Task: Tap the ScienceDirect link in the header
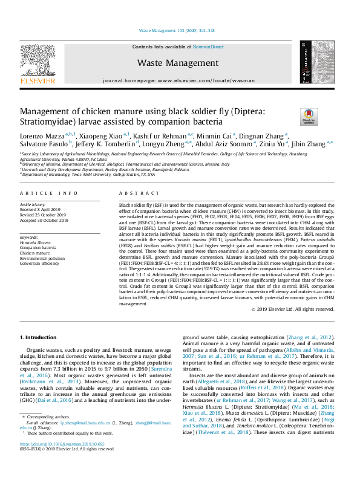[208, 47]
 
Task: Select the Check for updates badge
[309, 116]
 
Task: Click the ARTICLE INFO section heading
[49, 193]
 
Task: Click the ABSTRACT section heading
[134, 193]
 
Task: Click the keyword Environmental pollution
[42, 258]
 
